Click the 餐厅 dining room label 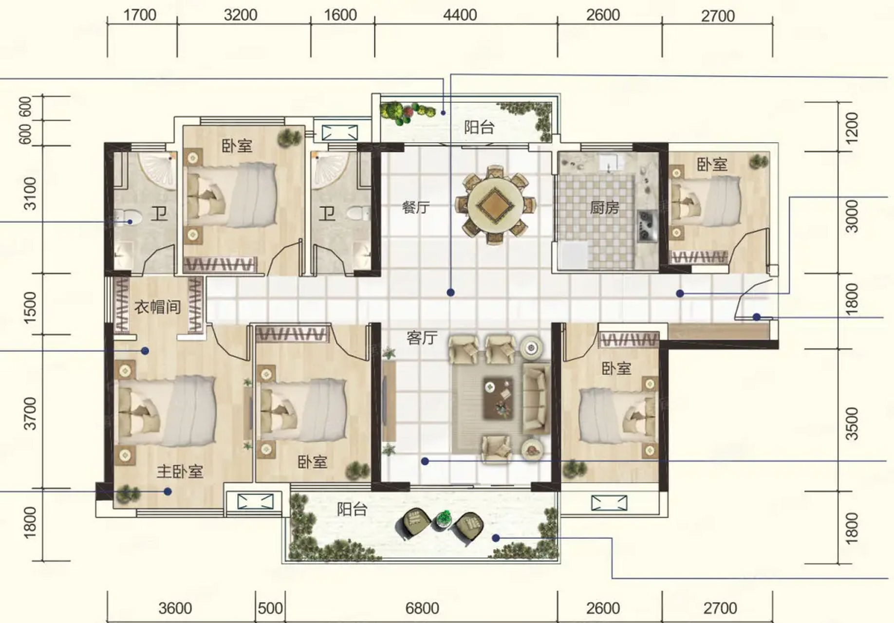pos(416,208)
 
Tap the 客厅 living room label pos(422,337)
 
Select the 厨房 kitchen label pos(604,208)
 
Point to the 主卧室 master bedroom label pos(180,471)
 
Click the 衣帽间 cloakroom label pos(157,307)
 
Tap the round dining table pos(496,204)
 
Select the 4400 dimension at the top pos(460,15)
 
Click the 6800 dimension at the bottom pos(422,608)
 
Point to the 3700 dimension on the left pos(30,413)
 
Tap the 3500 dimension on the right pos(852,424)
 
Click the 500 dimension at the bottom pos(270,608)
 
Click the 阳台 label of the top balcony pos(479,128)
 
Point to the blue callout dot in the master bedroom pos(168,492)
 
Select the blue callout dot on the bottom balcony pos(496,538)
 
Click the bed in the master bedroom pos(166,411)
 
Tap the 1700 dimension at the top pos(140,15)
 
